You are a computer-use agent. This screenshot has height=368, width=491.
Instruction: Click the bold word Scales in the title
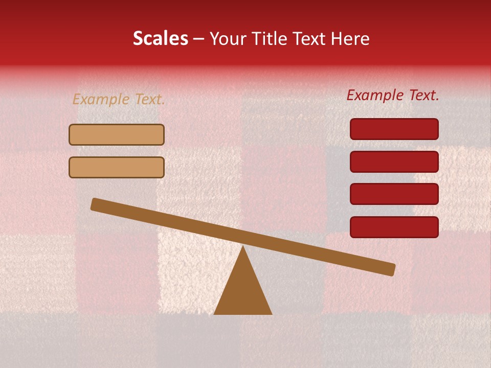(x=160, y=39)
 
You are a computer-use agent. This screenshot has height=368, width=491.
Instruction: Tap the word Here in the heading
(x=350, y=39)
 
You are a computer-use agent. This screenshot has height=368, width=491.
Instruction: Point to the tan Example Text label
(x=119, y=100)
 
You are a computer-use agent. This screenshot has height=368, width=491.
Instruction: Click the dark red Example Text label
(x=393, y=95)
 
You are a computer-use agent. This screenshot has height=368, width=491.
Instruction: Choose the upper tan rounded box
(x=117, y=135)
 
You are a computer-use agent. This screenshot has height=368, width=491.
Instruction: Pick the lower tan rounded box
(x=117, y=167)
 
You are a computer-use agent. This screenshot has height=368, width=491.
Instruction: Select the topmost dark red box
(x=394, y=129)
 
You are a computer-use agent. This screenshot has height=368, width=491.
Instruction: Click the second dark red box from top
(x=394, y=162)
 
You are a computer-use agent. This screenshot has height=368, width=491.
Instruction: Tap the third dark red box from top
(x=394, y=194)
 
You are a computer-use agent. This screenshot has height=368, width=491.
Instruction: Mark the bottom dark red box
(x=394, y=227)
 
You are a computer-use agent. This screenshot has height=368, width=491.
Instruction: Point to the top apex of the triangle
(x=243, y=247)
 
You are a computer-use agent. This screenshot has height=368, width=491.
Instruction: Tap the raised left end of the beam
(x=95, y=204)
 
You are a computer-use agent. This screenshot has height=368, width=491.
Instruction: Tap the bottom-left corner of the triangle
(x=215, y=314)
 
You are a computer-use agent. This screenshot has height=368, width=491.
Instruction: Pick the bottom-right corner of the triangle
(x=271, y=314)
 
